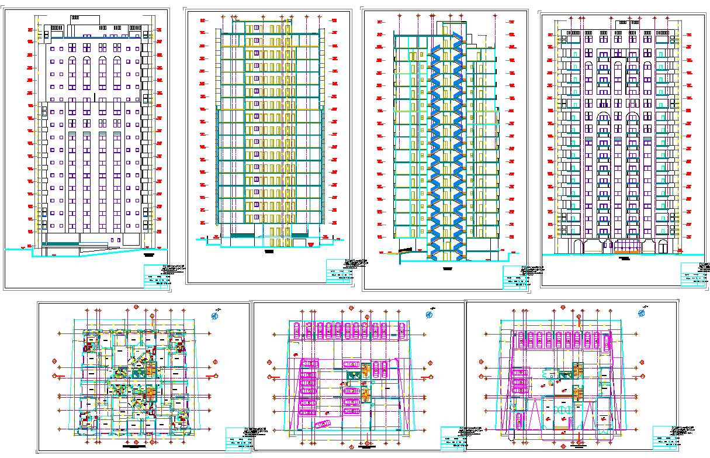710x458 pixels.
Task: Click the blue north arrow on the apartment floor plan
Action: pyautogui.click(x=215, y=316)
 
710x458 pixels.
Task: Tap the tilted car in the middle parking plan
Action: pyautogui.click(x=322, y=424)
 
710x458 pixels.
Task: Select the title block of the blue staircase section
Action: pyautogui.click(x=517, y=277)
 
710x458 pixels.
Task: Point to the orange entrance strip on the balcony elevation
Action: pyautogui.click(x=626, y=252)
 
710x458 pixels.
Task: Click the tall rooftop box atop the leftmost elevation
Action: pyautogui.click(x=75, y=18)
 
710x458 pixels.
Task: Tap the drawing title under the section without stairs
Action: pyautogui.click(x=269, y=252)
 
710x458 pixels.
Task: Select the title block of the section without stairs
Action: pyautogui.click(x=340, y=271)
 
